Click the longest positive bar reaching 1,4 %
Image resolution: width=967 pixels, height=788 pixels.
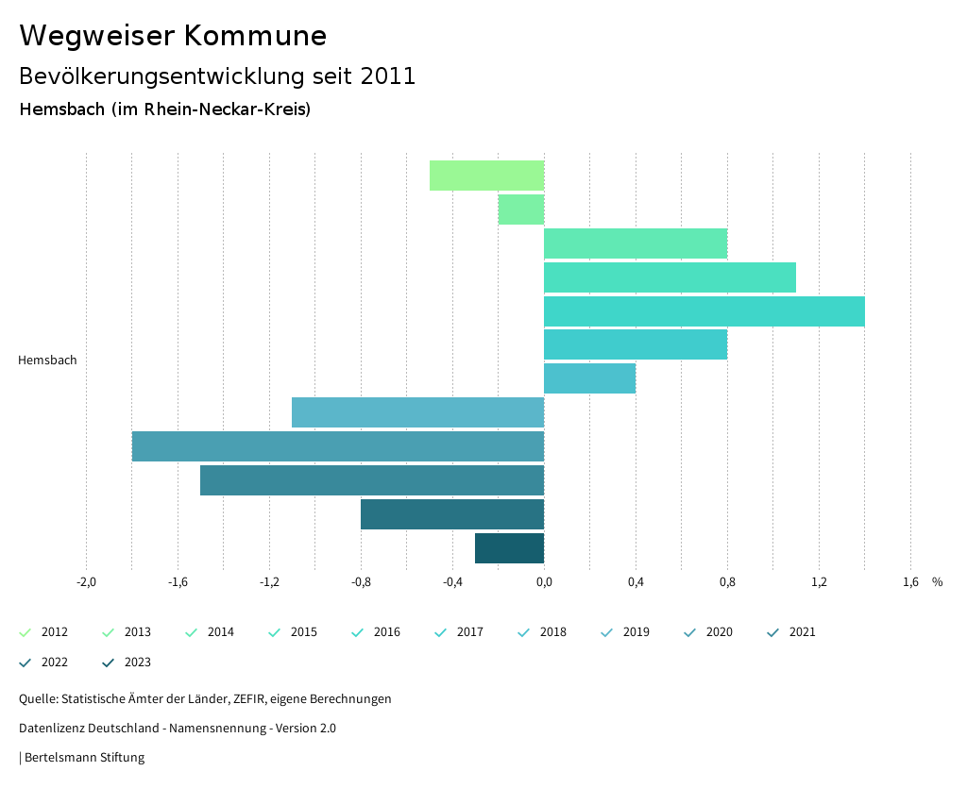pyautogui.click(x=704, y=311)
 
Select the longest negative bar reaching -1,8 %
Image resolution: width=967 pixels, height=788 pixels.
pyautogui.click(x=338, y=446)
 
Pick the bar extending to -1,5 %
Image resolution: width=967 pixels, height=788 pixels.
pyautogui.click(x=372, y=480)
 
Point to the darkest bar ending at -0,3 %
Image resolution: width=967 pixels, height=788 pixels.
pyautogui.click(x=509, y=548)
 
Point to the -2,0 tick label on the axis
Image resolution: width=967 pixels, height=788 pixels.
pyautogui.click(x=86, y=582)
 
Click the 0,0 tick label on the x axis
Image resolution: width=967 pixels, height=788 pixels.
pyautogui.click(x=544, y=582)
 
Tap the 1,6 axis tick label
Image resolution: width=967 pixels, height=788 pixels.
pyautogui.click(x=910, y=582)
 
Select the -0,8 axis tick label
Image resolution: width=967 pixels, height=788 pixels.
pyautogui.click(x=361, y=582)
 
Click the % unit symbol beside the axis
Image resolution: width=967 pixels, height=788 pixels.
pyautogui.click(x=937, y=582)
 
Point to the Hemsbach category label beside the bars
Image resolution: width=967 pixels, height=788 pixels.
pyautogui.click(x=47, y=360)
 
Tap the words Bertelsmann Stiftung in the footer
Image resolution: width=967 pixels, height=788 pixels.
pyautogui.click(x=84, y=758)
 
